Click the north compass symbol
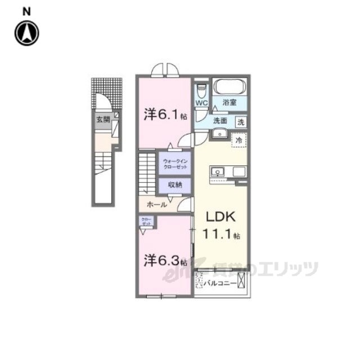pyautogui.click(x=26, y=33)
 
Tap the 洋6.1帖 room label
pyautogui.click(x=164, y=115)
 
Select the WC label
pyautogui.click(x=202, y=103)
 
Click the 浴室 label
pyautogui.click(x=229, y=103)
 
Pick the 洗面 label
pyautogui.click(x=219, y=120)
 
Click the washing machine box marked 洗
pyautogui.click(x=240, y=120)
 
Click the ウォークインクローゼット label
pyautogui.click(x=174, y=164)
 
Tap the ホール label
pyautogui.click(x=156, y=205)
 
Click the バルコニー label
pyautogui.click(x=220, y=282)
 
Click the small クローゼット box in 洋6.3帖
pyautogui.click(x=146, y=221)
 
